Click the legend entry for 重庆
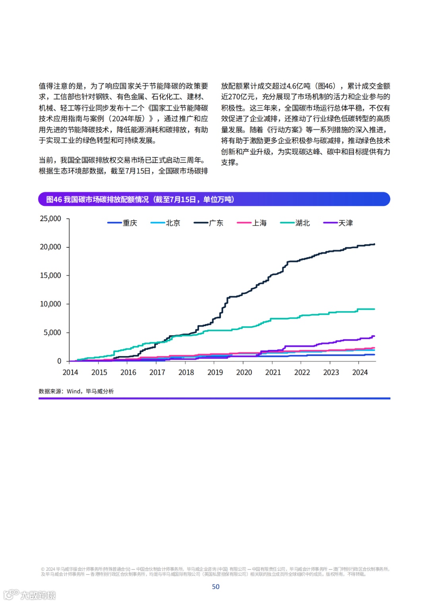(x=122, y=223)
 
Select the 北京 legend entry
(x=166, y=223)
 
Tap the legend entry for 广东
(x=209, y=223)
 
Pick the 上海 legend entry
(x=252, y=223)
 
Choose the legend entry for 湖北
(x=295, y=223)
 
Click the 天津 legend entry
(x=338, y=223)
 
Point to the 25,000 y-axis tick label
(x=50, y=219)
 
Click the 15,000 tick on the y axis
(x=50, y=276)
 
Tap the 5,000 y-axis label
(x=52, y=333)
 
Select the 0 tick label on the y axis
(x=59, y=361)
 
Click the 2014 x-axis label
(x=70, y=373)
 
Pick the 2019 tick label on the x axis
(x=215, y=373)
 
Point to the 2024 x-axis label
(x=360, y=373)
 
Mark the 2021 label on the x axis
(x=273, y=373)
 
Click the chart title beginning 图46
(x=140, y=200)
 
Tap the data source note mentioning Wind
(x=76, y=391)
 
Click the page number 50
(x=216, y=587)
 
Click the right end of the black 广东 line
(x=374, y=244)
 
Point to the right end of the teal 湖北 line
(x=374, y=309)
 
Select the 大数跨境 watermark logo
(x=30, y=595)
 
